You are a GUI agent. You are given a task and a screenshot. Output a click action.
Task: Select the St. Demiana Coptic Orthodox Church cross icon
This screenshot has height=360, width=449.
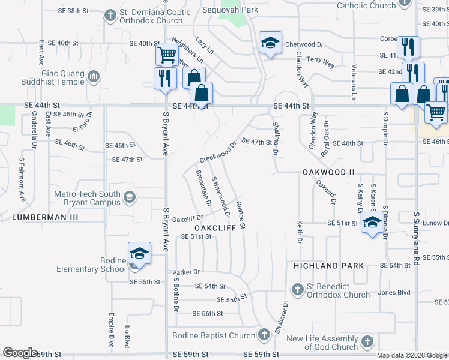pyautogui.click(x=110, y=15)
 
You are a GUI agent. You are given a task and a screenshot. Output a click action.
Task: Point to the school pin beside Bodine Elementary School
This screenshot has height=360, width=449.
pyautogui.click(x=139, y=253)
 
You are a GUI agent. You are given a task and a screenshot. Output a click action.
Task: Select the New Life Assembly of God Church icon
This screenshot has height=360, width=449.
pyautogui.click(x=368, y=342)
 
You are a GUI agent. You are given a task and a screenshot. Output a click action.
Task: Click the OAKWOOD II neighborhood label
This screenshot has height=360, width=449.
pyautogui.click(x=328, y=172)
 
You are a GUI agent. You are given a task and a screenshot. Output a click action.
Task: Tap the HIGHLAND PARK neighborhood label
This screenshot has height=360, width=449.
pyautogui.click(x=328, y=265)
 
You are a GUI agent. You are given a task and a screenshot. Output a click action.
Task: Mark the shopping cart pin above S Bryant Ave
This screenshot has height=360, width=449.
pyautogui.click(x=167, y=55)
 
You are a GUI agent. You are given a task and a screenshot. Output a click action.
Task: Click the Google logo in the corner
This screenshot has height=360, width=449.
pyautogui.click(x=20, y=353)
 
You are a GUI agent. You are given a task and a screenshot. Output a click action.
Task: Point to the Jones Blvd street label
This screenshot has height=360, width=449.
pyautogui.click(x=394, y=293)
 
